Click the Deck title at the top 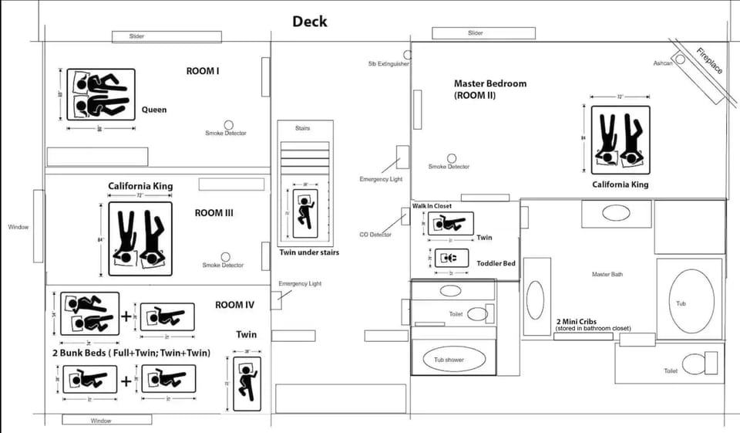pos(309,22)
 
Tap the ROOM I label pos(203,71)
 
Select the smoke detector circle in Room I pos(228,124)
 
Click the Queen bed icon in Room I pos(101,94)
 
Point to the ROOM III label pos(214,213)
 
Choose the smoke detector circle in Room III pos(225,256)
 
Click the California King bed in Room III pos(140,239)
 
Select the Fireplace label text pos(709,62)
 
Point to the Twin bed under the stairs pos(306,214)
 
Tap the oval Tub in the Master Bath pos(681,303)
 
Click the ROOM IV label pos(234,305)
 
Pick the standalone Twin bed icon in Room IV pos(247,384)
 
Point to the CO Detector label pos(375,235)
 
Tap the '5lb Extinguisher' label pos(388,64)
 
